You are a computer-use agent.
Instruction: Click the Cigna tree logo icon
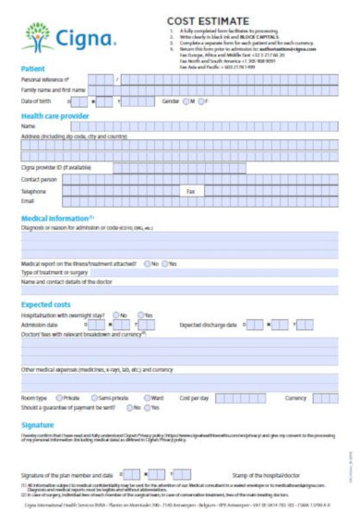point(39,37)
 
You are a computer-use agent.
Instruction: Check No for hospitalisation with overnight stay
point(116,315)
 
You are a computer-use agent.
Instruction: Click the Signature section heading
point(39,423)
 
